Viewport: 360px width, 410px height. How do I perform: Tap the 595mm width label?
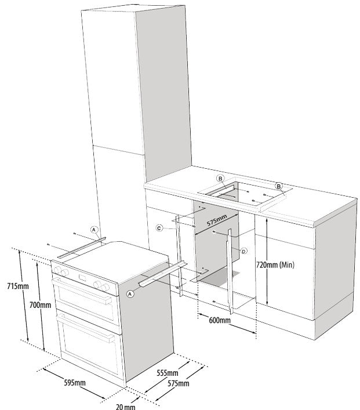(73, 383)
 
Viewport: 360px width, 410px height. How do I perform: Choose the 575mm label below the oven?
(177, 384)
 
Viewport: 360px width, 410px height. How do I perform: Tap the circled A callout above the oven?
(93, 230)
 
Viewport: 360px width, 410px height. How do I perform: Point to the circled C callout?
(159, 228)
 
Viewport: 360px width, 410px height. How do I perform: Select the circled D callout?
(243, 251)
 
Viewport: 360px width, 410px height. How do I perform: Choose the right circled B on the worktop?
(279, 186)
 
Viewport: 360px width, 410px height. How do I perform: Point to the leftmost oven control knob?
(59, 270)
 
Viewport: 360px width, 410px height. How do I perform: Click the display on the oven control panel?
(83, 280)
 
